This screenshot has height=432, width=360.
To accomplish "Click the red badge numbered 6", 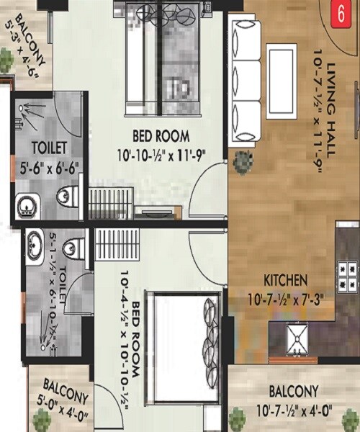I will (x=334, y=13).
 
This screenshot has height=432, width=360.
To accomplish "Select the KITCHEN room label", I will (x=286, y=279).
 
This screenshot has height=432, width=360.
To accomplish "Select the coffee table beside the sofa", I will (x=280, y=68).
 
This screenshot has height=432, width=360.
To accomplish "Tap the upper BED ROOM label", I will (x=161, y=136).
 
